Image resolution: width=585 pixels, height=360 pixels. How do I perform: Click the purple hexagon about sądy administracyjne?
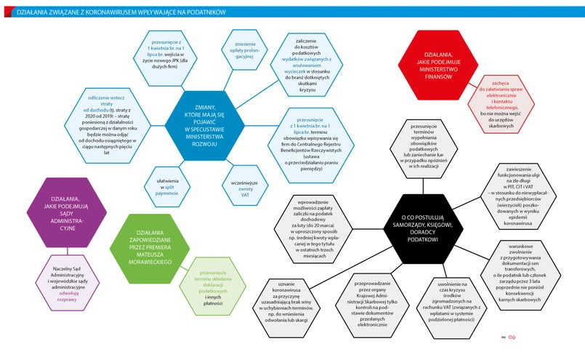coord(66,210)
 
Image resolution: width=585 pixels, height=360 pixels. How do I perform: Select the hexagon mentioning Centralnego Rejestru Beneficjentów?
coord(311,148)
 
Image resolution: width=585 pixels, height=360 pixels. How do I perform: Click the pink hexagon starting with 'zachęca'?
coord(497,111)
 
